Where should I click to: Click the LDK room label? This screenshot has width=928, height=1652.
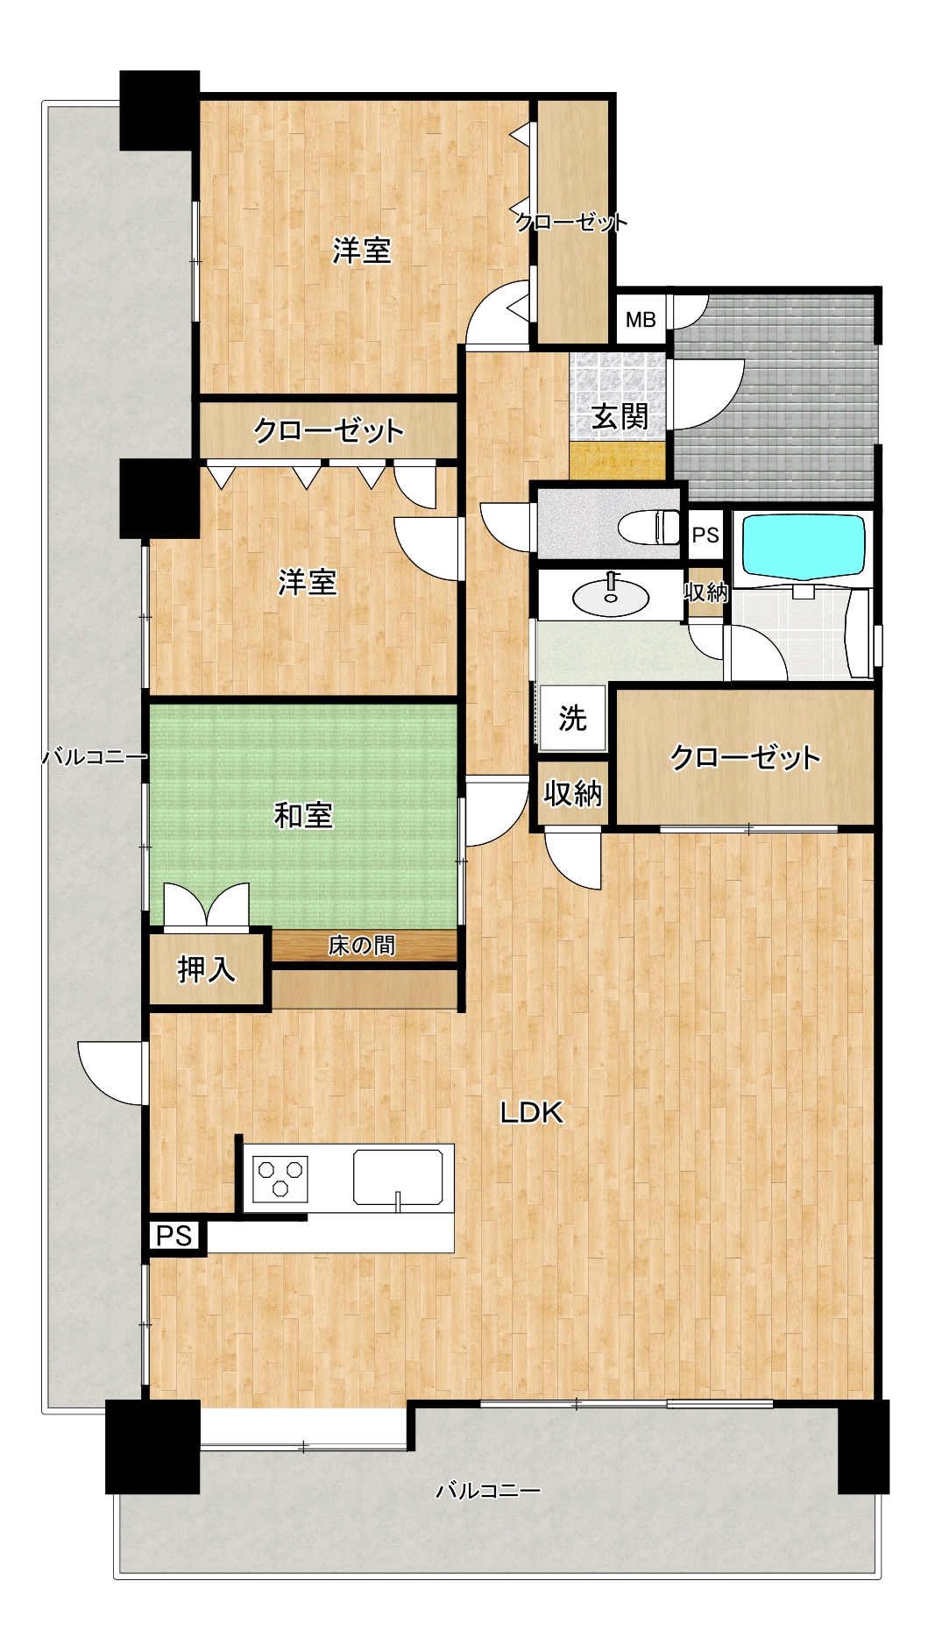tap(531, 1113)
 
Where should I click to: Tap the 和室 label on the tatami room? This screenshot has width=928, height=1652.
tap(303, 816)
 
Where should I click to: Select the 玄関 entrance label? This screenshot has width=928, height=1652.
tap(620, 416)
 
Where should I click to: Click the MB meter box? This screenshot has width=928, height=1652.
tap(641, 320)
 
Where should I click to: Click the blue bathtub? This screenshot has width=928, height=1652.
tap(804, 547)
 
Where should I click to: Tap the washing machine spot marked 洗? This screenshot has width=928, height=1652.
tap(573, 719)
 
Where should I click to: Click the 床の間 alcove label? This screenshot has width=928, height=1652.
tap(362, 946)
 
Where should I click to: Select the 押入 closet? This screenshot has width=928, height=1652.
tap(206, 968)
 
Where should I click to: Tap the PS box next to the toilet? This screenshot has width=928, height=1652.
tap(705, 535)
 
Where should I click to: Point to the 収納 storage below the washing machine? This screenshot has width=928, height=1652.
tap(572, 793)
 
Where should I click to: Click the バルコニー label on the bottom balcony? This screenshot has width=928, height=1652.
tap(488, 1490)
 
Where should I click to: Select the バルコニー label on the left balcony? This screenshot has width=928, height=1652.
tap(94, 756)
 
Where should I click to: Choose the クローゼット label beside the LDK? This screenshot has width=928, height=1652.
tap(745, 757)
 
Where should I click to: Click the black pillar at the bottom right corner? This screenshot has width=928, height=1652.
tap(863, 1447)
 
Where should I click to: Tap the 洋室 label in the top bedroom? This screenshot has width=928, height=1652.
tap(362, 251)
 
